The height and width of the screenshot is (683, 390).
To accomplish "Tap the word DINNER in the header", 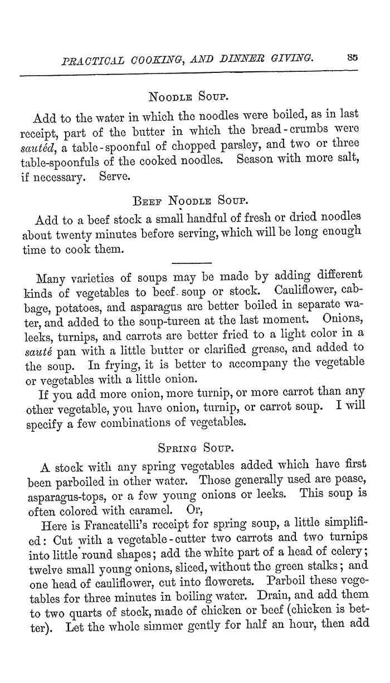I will pyautogui.click(x=245, y=57).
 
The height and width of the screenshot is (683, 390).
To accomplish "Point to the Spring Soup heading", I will pyautogui.click(x=191, y=447).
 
